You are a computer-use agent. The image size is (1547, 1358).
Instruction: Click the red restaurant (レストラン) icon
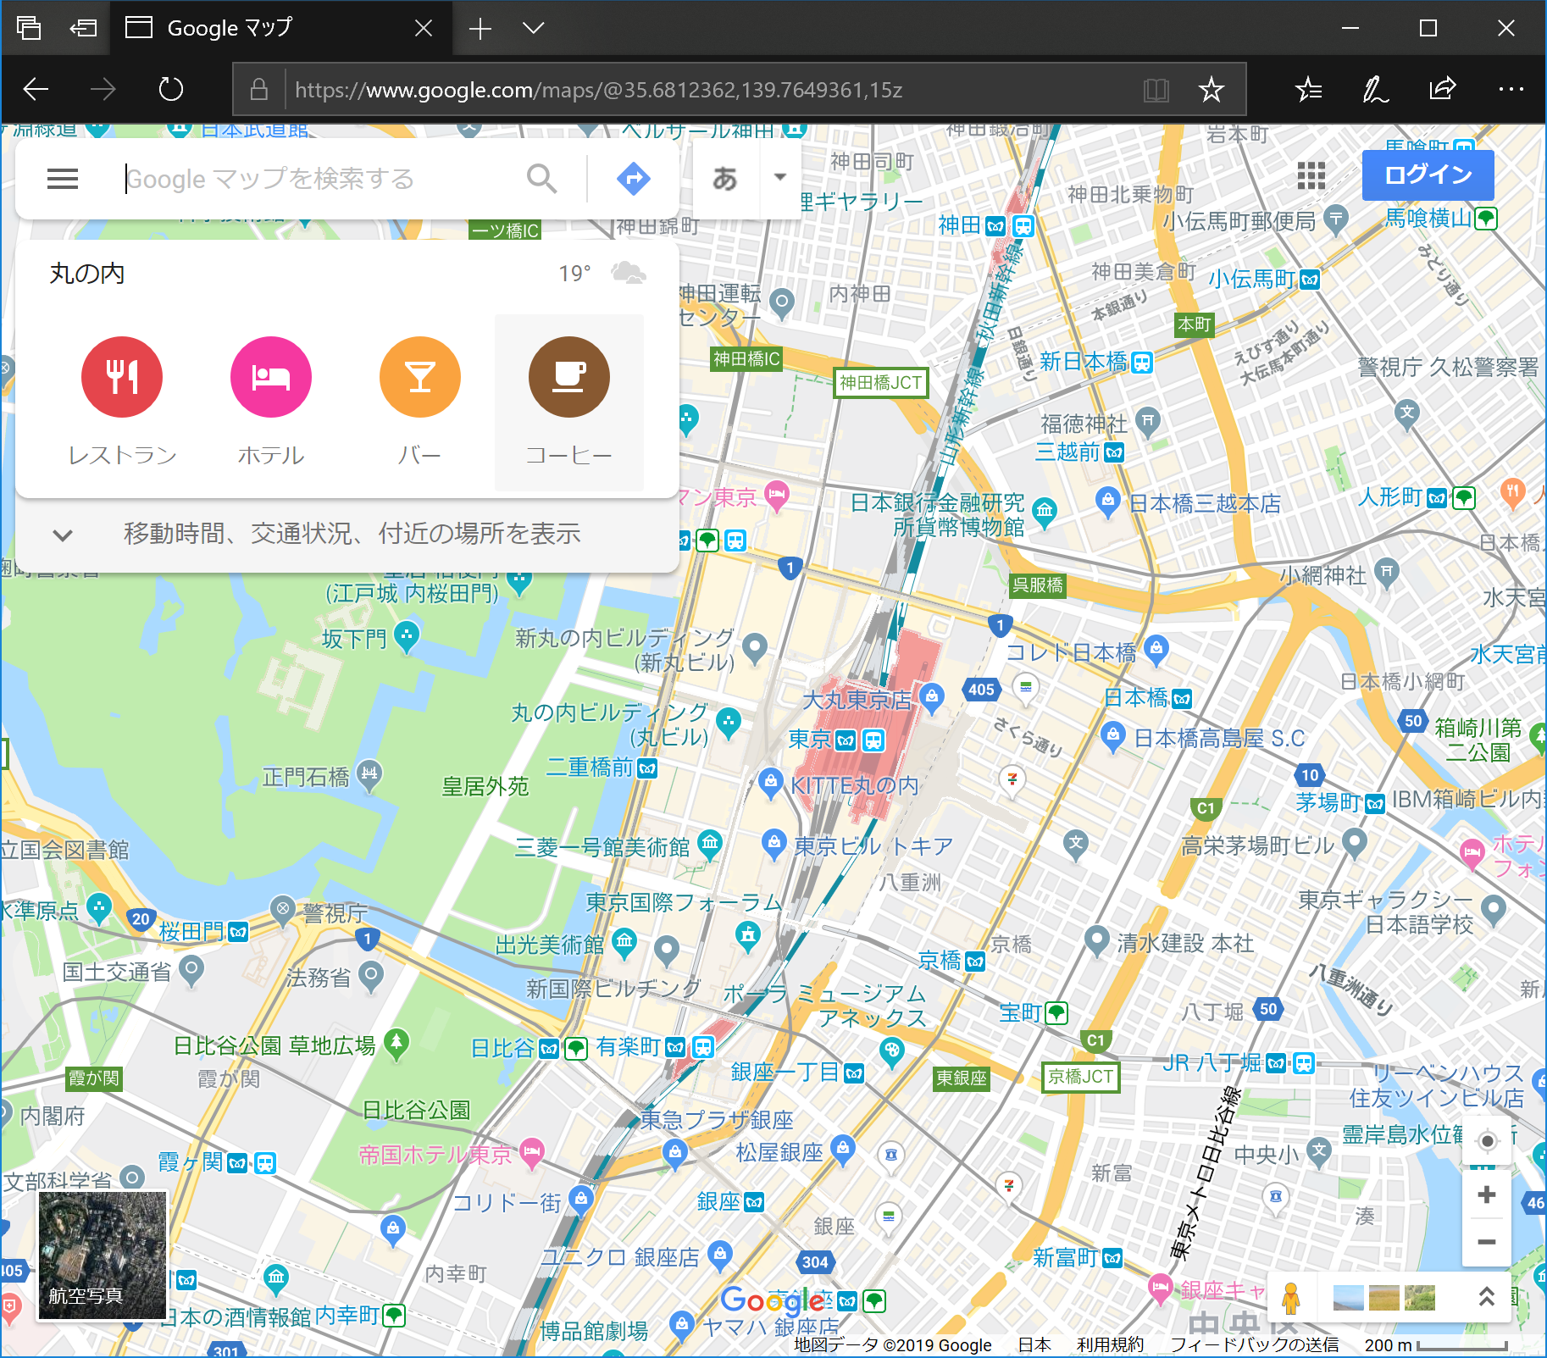pos(122,377)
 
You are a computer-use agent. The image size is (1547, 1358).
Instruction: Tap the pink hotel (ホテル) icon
pos(271,377)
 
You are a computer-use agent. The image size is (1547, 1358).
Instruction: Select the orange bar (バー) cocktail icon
pos(420,377)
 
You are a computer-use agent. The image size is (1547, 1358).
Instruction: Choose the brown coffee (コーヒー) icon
pos(569,377)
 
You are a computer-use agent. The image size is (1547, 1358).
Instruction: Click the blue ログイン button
pos(1428,175)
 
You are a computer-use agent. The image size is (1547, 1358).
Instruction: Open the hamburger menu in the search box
pos(63,179)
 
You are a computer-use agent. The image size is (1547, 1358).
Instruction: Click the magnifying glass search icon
pos(541,179)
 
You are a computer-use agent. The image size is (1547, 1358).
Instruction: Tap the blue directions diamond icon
pos(634,179)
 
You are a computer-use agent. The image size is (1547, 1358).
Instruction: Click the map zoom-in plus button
pos(1486,1195)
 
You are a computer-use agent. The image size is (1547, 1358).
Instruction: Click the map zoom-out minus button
pos(1486,1242)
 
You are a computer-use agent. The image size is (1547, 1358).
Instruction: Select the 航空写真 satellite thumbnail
pos(103,1255)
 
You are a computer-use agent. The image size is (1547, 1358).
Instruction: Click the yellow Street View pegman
pos(1290,1298)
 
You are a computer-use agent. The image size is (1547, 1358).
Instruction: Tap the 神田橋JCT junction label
pos(880,383)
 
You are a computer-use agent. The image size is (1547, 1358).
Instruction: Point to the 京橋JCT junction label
pos(1080,1077)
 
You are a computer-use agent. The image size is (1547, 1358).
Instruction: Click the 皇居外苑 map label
pos(485,787)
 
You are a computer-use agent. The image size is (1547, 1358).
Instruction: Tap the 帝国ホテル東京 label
pos(435,1155)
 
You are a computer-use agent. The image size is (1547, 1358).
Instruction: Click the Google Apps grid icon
pos(1311,175)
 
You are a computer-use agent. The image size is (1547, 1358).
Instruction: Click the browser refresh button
pos(171,89)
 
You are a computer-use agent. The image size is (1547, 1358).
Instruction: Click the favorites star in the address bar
pos(1212,89)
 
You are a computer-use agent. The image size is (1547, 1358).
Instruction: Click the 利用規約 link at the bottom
pos(1110,1344)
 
